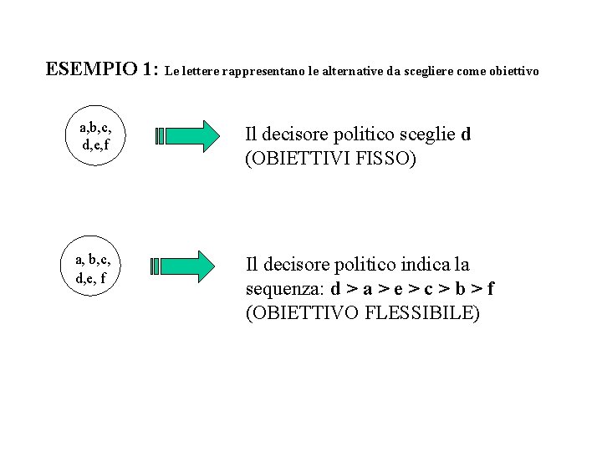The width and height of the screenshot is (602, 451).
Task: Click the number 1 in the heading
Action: pyautogui.click(x=148, y=68)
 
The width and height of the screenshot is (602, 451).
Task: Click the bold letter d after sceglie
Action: pyautogui.click(x=466, y=134)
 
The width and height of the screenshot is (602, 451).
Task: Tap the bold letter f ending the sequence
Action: pyautogui.click(x=492, y=289)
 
